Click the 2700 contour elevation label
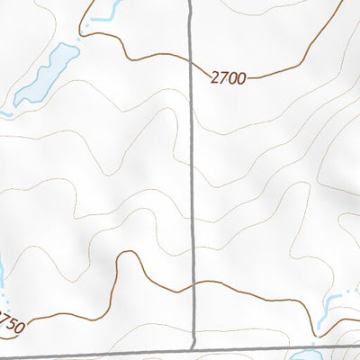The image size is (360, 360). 229,79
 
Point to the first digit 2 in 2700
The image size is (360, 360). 216,79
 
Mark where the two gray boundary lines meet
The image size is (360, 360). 194,348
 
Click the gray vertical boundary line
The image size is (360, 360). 193,180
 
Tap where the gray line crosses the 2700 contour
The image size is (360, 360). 193,63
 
